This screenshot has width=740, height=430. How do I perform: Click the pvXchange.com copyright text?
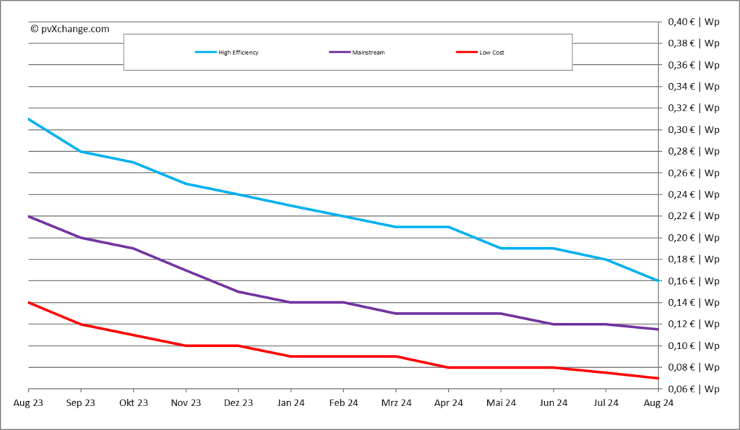(70, 29)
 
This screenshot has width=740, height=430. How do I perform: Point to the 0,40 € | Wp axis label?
(692, 22)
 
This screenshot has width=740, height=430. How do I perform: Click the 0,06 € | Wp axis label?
(692, 389)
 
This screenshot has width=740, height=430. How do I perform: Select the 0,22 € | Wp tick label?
(692, 216)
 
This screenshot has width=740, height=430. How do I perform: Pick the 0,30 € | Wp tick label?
(692, 130)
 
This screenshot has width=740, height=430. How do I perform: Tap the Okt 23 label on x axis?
(133, 403)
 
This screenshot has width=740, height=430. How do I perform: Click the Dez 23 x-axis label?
(238, 403)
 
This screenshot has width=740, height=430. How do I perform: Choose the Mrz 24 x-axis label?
(396, 403)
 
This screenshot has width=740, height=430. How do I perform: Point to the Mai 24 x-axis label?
(501, 403)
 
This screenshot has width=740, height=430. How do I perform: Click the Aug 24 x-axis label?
(658, 403)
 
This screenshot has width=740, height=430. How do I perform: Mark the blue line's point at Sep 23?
(81, 152)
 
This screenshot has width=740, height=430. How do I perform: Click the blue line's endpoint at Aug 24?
(658, 280)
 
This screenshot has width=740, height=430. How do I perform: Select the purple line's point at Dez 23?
(238, 291)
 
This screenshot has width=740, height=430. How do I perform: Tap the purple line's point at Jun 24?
(553, 324)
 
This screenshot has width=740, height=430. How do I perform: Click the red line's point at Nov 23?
(186, 345)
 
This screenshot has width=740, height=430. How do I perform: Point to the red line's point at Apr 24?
(448, 367)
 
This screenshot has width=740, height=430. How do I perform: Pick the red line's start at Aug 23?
(29, 302)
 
